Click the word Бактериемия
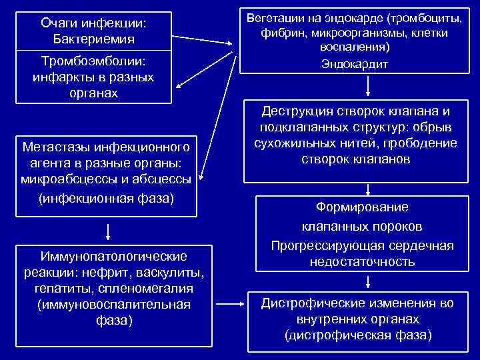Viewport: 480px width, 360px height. coord(93,39)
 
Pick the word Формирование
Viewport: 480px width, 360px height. coord(363,207)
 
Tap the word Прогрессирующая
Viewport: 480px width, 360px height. coord(319,246)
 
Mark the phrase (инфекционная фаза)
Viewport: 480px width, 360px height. coord(107,198)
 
